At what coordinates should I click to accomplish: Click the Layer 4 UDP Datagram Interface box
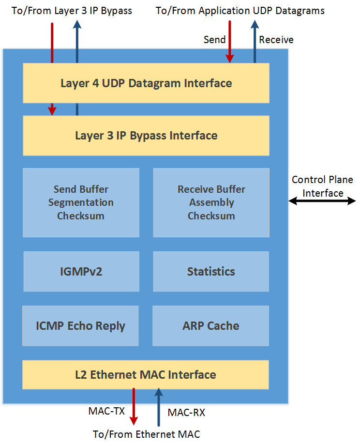(146, 83)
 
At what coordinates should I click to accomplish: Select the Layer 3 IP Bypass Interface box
(146, 136)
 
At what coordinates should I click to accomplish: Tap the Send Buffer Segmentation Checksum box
(81, 203)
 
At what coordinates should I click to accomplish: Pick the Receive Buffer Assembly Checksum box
(211, 203)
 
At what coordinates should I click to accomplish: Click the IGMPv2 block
(81, 271)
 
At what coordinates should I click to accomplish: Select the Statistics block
(211, 271)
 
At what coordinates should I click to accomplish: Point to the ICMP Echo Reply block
(81, 326)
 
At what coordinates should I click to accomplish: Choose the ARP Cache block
(211, 326)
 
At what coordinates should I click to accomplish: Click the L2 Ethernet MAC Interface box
(146, 375)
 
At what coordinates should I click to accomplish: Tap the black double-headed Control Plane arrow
(322, 201)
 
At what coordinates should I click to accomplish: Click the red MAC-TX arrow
(134, 406)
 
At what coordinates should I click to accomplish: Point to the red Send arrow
(230, 42)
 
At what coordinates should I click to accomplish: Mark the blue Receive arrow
(255, 41)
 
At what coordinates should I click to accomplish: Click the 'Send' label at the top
(214, 40)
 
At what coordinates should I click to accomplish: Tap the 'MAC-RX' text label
(186, 413)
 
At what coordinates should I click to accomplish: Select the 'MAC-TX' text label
(106, 411)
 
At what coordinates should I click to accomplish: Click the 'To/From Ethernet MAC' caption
(147, 434)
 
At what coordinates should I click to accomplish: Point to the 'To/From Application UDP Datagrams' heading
(240, 11)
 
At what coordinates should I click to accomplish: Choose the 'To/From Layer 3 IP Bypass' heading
(72, 11)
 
